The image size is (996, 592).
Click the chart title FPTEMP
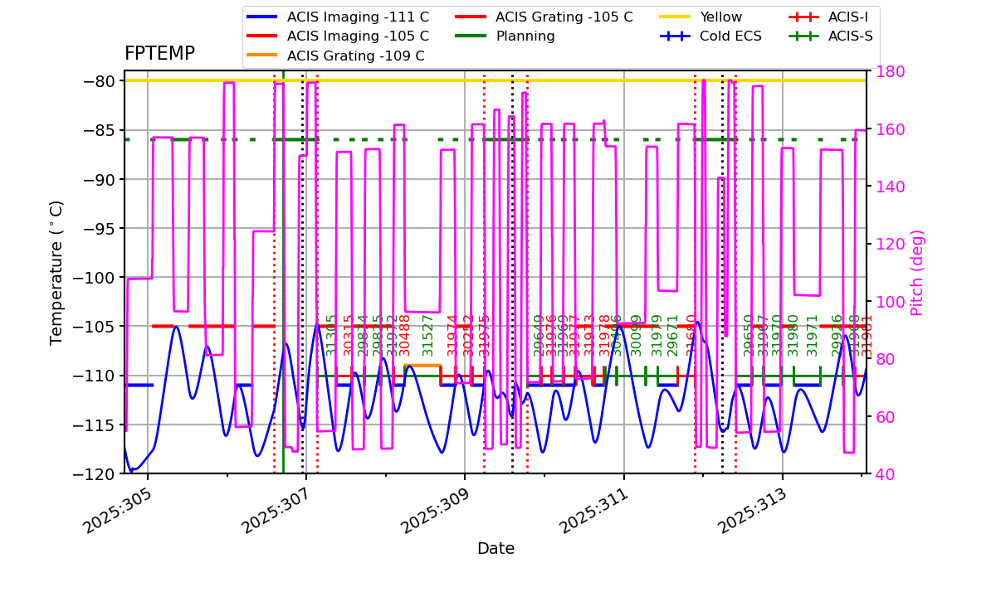[159, 54]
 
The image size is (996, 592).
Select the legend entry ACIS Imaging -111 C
[358, 17]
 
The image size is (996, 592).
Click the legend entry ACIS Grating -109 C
[355, 56]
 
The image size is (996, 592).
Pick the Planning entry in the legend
[525, 36]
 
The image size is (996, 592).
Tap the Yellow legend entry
[720, 17]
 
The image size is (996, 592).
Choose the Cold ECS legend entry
[730, 36]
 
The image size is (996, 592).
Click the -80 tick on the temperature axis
[100, 81]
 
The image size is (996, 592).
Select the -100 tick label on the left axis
[97, 278]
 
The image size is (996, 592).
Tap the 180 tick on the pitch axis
[886, 72]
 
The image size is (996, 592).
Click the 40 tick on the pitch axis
[881, 474]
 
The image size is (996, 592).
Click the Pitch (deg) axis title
[917, 273]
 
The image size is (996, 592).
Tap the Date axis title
[496, 549]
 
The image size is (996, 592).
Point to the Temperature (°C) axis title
[57, 273]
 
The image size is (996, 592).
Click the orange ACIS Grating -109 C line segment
[422, 366]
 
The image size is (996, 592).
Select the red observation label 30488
[405, 335]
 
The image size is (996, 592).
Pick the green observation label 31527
[429, 335]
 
